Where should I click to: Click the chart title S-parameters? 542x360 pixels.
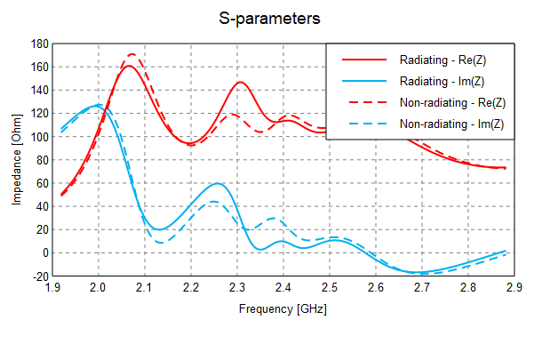click(x=270, y=17)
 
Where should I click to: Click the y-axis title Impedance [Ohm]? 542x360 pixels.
click(x=17, y=160)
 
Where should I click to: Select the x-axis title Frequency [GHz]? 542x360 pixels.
click(x=283, y=310)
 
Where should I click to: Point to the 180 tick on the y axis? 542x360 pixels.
click(x=39, y=44)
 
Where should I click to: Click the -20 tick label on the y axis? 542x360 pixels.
click(x=39, y=276)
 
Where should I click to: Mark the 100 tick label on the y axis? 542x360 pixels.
click(x=39, y=137)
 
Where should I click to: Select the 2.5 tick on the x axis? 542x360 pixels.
click(x=329, y=288)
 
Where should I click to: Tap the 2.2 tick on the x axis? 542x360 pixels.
click(x=190, y=288)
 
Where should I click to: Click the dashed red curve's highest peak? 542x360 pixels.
click(x=132, y=54)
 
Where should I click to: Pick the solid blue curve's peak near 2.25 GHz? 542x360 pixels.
click(x=218, y=183)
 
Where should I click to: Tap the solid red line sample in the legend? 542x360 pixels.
click(x=364, y=60)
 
